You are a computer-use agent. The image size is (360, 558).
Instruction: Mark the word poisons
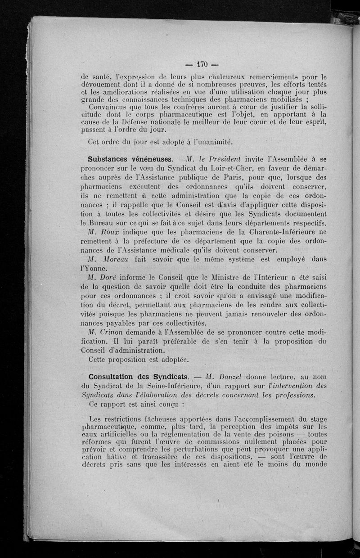point(265,436)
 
